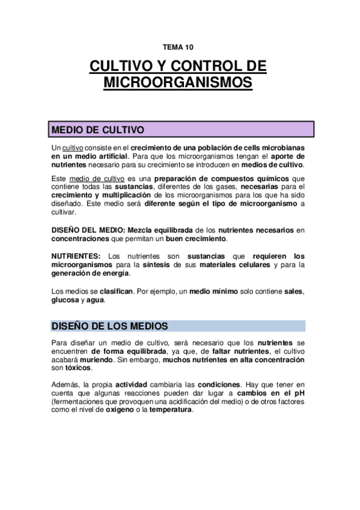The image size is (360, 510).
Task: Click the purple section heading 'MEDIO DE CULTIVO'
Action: [98, 130]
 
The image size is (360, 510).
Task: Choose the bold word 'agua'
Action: [94, 300]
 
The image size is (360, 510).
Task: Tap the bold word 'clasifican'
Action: [114, 292]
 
